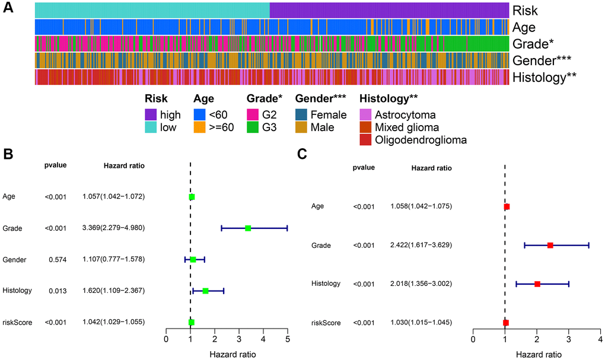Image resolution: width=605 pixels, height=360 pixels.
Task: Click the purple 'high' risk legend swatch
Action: coord(152,115)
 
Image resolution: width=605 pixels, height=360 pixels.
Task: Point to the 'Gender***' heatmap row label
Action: coord(542,60)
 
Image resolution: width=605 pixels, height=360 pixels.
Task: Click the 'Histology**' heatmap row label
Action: coord(545,77)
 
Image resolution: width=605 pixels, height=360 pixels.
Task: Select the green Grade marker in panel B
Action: coord(248,228)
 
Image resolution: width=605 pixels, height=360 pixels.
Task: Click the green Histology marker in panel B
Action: coord(205,291)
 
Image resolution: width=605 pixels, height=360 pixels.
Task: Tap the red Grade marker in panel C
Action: coord(550,245)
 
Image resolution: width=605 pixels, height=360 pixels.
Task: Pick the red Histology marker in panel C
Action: coord(537,284)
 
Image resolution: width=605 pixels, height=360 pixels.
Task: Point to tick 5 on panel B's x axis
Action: coord(287,341)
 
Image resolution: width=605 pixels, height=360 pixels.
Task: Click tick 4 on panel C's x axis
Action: coord(601,341)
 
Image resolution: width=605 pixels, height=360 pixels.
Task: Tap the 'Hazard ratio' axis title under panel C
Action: coord(536,354)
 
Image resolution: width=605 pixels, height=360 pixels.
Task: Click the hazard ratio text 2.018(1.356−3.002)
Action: coord(422,284)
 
